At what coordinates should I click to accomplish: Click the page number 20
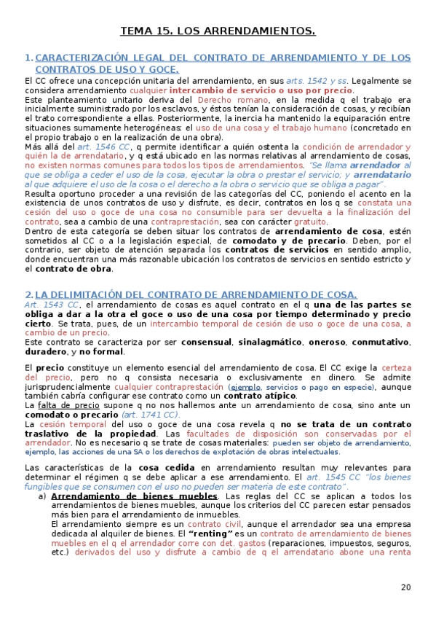click(405, 587)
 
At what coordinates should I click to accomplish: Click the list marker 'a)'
click(43, 496)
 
